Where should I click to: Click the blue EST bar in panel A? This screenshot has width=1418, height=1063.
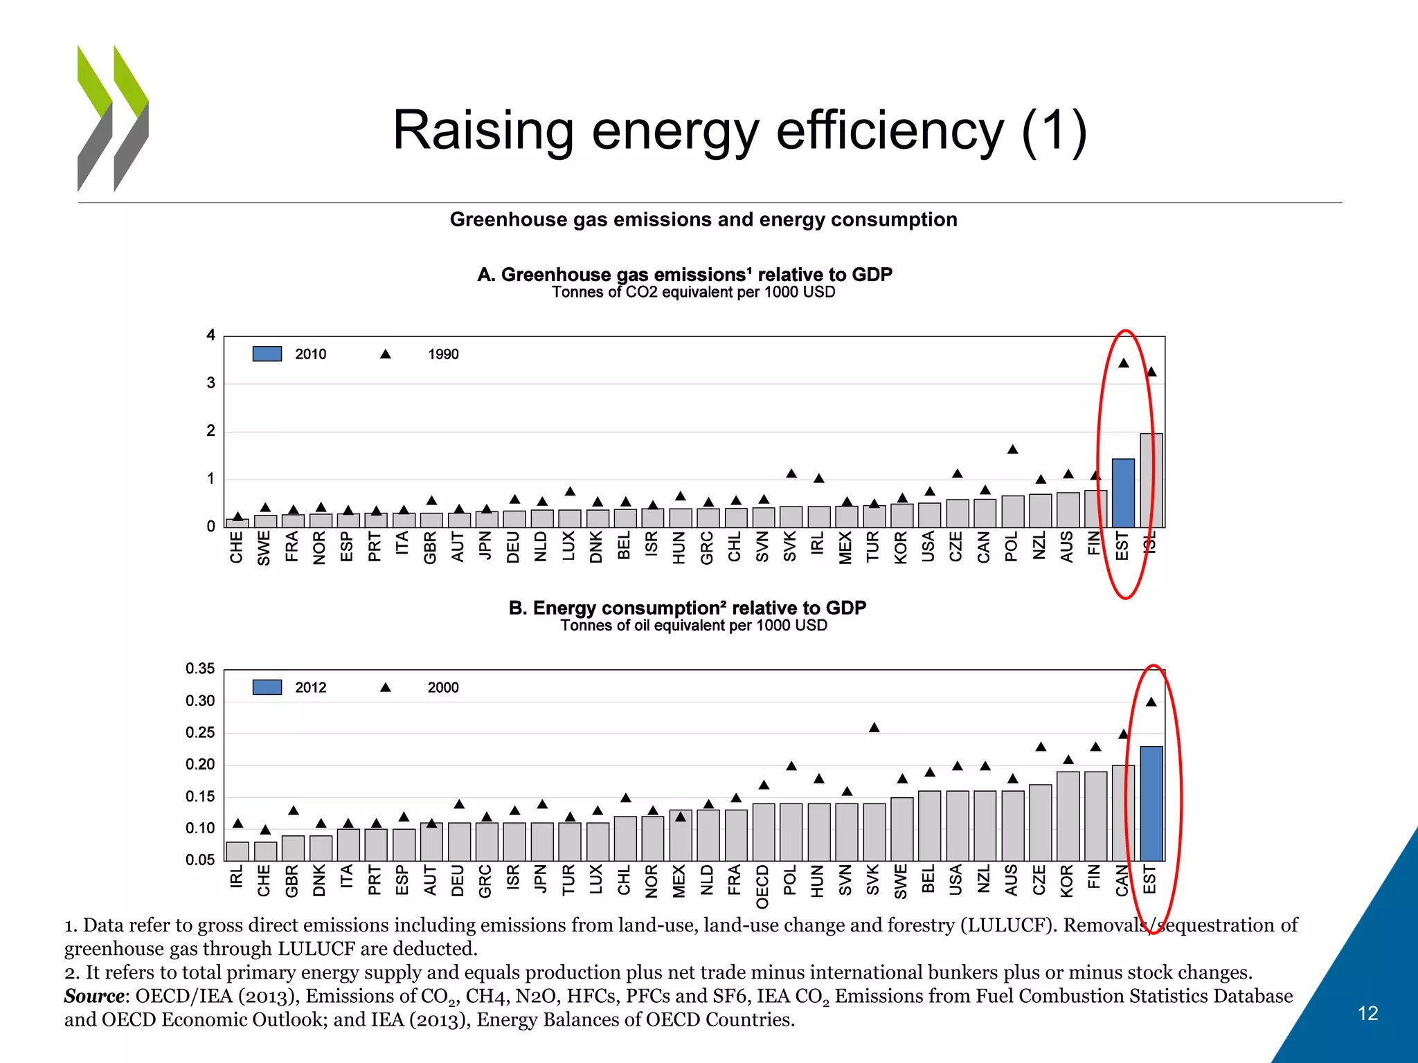pos(1122,493)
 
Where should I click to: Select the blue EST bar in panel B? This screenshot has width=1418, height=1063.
pos(1151,803)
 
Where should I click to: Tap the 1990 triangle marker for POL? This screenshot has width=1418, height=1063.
pos(1012,450)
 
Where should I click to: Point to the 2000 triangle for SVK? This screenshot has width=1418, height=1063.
pos(874,727)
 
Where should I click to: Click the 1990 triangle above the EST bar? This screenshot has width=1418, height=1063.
pos(1124,363)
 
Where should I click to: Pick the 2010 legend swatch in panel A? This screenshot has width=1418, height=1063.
pos(267,354)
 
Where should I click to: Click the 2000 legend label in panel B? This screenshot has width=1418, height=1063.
pos(443,688)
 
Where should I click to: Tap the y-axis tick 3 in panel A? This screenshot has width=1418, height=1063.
pos(210,383)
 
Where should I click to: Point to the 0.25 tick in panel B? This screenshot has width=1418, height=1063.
pos(200,733)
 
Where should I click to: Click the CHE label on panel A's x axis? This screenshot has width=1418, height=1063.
pos(237,547)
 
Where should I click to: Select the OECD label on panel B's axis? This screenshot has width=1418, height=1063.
pos(762,887)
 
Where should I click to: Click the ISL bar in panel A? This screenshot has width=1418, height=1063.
pos(1151,480)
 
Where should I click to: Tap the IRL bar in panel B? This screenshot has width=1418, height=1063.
pos(237,851)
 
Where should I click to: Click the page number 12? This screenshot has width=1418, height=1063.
pos(1367,1014)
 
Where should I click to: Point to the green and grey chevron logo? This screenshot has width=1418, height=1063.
pos(113,118)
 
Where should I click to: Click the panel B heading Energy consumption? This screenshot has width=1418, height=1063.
pos(687,608)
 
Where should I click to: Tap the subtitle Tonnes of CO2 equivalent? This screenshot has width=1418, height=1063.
pos(693,293)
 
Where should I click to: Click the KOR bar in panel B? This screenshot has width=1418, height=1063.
pos(1068,816)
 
